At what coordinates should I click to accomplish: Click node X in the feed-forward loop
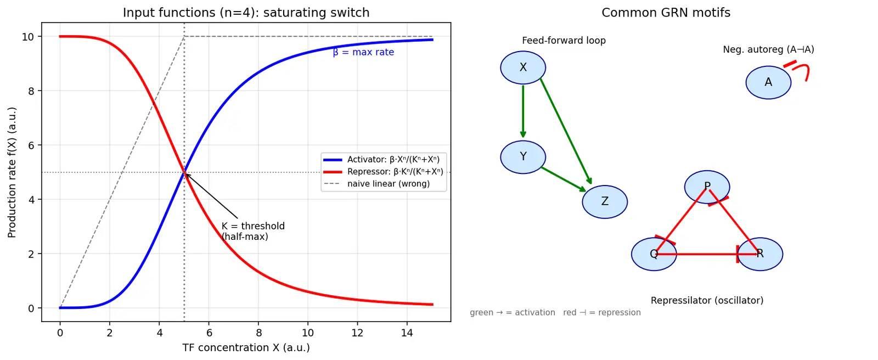click(523, 67)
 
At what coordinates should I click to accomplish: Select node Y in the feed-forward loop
click(523, 157)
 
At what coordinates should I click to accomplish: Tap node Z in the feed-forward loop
click(605, 201)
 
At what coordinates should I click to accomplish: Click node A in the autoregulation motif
click(768, 82)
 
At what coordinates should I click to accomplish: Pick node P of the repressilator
click(707, 187)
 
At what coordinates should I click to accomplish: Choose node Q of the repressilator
click(654, 254)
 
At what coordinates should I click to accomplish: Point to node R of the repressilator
click(760, 254)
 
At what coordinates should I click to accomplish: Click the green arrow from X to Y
click(523, 111)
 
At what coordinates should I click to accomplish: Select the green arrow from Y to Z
click(563, 179)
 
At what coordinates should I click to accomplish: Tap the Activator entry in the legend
click(382, 160)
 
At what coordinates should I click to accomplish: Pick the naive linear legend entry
click(376, 184)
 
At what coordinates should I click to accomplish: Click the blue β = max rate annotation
click(363, 52)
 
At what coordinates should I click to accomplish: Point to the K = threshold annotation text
click(253, 232)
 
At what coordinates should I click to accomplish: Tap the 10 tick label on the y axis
click(28, 37)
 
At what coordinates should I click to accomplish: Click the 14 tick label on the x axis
click(407, 333)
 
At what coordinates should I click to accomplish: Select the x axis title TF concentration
click(246, 348)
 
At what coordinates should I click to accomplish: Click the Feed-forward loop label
click(564, 41)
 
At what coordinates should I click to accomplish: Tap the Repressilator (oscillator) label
click(707, 300)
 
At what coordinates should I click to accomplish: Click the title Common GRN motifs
click(666, 13)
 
